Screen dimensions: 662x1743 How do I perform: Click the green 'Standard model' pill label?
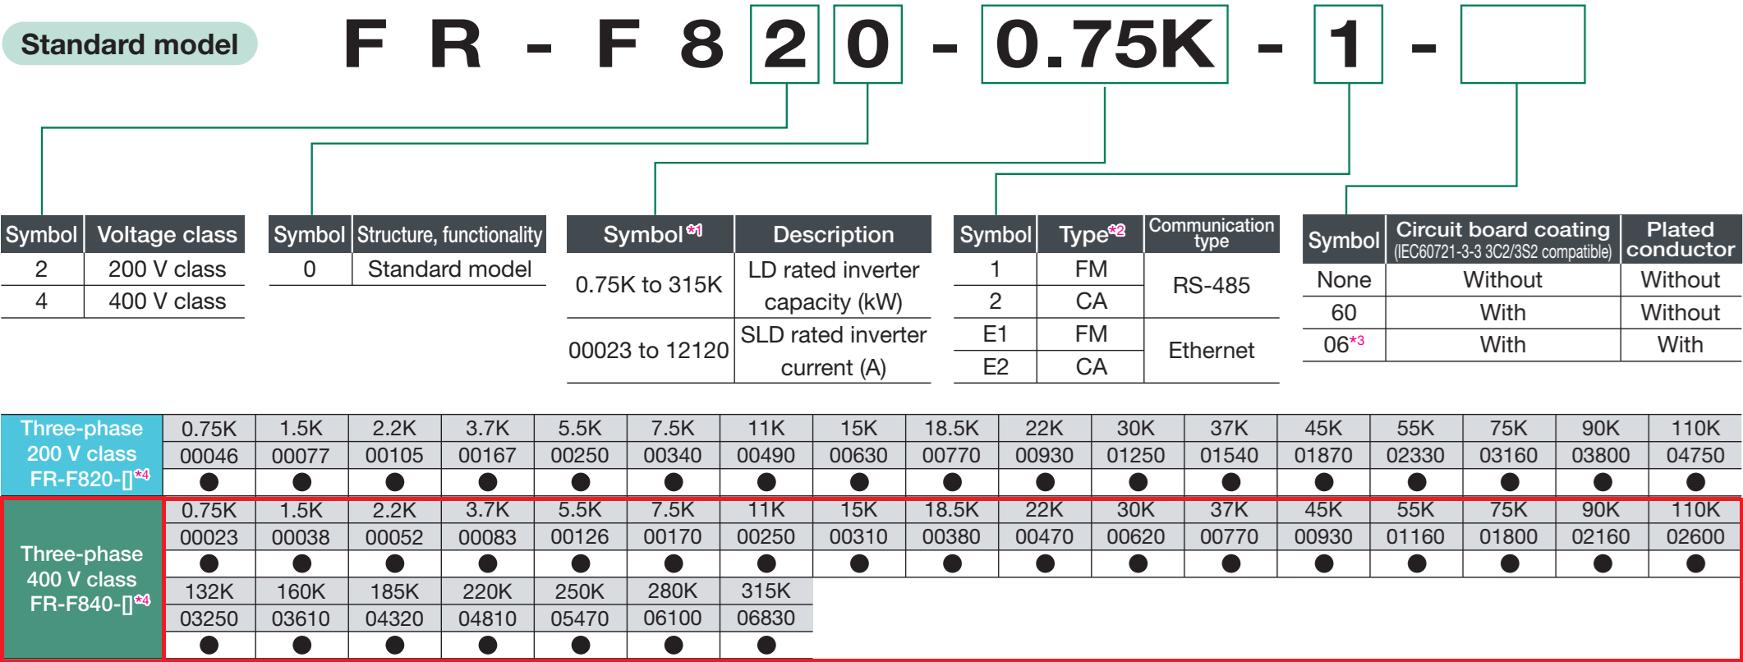click(x=130, y=44)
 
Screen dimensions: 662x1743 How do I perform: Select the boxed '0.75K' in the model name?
click(x=1104, y=44)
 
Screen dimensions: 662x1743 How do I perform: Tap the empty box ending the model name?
click(x=1522, y=44)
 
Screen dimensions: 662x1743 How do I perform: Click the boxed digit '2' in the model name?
click(x=784, y=44)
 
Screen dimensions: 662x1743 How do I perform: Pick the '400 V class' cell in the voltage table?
click(x=167, y=301)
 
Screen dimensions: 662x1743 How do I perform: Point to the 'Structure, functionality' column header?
click(x=449, y=235)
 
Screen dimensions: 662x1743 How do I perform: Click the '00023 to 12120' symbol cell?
click(x=649, y=351)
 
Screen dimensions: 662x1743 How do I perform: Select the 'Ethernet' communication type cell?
click(x=1211, y=351)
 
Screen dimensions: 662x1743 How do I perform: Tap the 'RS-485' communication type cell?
click(x=1211, y=285)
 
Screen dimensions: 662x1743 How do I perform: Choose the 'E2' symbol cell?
click(x=995, y=366)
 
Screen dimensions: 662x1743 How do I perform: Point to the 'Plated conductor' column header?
click(x=1680, y=239)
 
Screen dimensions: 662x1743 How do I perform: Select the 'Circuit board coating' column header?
click(x=1502, y=239)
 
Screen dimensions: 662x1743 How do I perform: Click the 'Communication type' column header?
click(x=1211, y=233)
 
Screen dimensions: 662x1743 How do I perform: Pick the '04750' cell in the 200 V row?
click(x=1695, y=455)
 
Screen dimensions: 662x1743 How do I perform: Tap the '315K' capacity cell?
click(x=766, y=591)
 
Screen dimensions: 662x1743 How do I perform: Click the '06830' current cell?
click(x=766, y=618)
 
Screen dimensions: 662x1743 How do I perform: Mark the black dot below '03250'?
click(x=209, y=645)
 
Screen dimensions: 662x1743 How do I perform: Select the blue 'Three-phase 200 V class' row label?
click(x=82, y=453)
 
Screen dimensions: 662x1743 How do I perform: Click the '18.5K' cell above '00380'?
click(x=951, y=510)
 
